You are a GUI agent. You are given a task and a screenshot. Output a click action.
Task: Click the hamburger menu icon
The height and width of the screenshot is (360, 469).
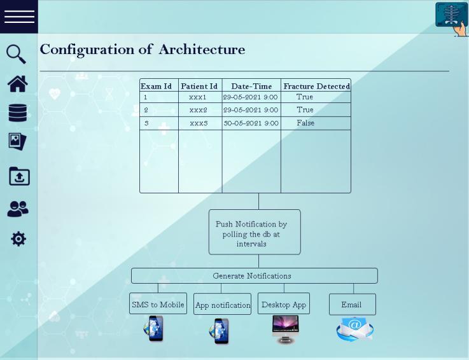point(19,17)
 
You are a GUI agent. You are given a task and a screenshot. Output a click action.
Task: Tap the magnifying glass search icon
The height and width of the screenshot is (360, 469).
point(17,53)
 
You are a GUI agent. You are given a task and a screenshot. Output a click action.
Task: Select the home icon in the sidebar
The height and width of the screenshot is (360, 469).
point(18,83)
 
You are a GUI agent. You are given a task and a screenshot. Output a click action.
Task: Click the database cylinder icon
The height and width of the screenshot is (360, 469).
point(18,113)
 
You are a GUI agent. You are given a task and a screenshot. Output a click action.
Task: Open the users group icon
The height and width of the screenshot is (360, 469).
point(18,209)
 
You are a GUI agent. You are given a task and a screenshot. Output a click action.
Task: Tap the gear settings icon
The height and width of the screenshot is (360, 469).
point(18,239)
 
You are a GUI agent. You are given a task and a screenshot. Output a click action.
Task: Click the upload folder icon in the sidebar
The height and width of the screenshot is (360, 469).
point(19,176)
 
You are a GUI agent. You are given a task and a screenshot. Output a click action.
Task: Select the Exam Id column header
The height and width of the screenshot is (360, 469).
point(156,87)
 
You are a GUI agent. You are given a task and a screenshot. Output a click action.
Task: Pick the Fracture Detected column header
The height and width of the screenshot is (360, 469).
point(316,87)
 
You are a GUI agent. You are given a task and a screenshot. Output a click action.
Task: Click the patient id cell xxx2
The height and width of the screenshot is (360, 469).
point(198,110)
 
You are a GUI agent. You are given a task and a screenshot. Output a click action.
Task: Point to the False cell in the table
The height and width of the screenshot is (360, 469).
point(305,123)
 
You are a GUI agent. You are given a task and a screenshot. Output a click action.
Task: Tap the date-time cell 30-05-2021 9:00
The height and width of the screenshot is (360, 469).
point(251,123)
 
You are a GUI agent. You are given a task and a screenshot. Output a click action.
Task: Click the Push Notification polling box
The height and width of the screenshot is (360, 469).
point(255,233)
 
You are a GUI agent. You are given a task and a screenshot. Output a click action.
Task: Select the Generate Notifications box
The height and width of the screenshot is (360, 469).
point(254,276)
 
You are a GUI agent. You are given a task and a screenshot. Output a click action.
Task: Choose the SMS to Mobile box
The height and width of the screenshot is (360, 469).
point(158,305)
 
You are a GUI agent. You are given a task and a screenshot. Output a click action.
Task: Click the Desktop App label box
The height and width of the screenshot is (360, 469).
point(284,305)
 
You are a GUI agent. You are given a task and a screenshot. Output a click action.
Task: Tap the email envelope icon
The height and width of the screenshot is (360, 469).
point(354,329)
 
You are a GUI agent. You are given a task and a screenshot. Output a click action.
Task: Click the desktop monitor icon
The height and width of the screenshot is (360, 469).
point(285,329)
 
